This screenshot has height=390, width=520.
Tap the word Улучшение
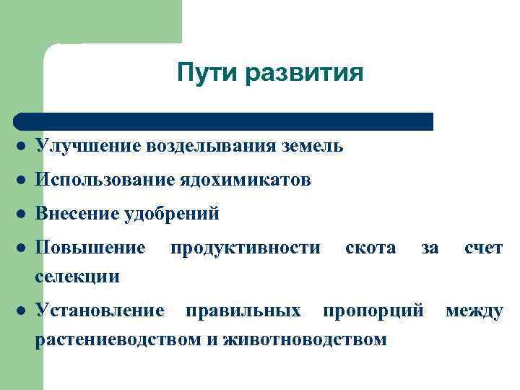87,147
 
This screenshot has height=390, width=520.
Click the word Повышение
90,248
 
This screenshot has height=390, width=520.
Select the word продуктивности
246,248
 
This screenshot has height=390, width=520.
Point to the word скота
370,248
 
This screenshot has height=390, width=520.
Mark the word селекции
77,275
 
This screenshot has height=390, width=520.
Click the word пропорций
373,311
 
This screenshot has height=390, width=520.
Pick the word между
474,311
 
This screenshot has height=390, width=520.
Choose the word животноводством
305,338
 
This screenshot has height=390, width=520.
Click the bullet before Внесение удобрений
22,215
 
